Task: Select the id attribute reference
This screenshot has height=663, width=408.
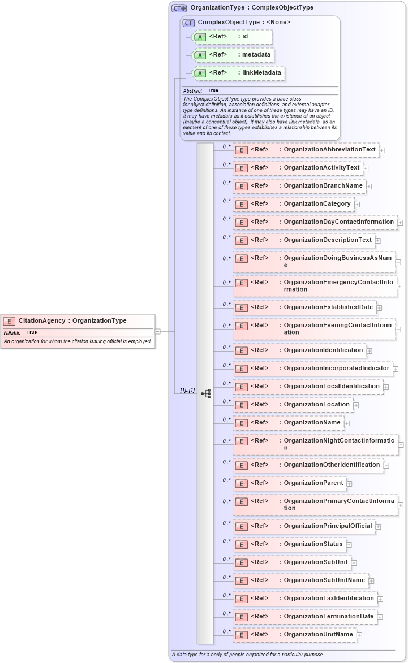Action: click(232, 37)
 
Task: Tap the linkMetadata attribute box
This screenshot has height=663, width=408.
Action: click(238, 73)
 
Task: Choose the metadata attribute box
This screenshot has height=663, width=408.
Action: click(234, 55)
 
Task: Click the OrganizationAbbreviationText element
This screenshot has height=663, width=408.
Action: click(306, 150)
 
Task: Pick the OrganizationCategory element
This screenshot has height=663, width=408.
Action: click(293, 204)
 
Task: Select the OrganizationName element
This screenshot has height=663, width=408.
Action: click(288, 423)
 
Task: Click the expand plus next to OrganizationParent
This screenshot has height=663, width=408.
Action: click(349, 484)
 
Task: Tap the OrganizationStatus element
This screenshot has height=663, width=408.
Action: click(289, 544)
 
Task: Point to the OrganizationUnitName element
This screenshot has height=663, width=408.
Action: click(294, 635)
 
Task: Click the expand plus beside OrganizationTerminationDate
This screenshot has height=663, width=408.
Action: click(380, 617)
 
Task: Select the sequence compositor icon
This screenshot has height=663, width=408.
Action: click(205, 393)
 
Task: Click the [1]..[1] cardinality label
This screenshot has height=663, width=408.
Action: click(187, 391)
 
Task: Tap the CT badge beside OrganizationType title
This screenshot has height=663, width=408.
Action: click(179, 8)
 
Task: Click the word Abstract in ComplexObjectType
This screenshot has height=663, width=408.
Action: click(192, 90)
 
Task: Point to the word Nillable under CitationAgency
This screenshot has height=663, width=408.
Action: click(12, 332)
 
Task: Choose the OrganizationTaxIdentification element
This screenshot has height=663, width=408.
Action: click(305, 599)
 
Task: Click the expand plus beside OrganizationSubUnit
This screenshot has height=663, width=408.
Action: click(354, 562)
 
